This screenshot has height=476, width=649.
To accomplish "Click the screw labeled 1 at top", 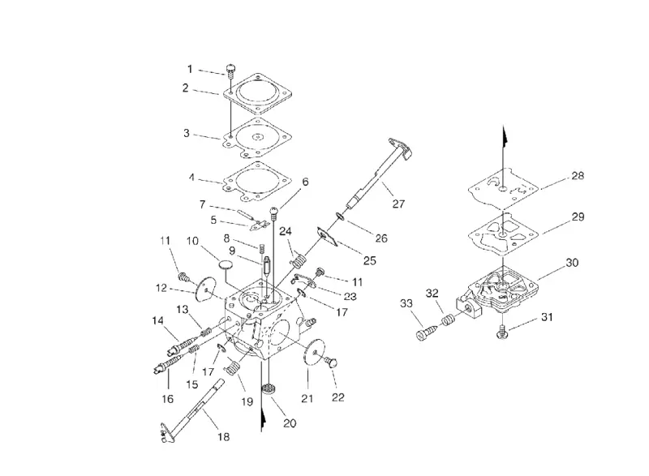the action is coord(231,71).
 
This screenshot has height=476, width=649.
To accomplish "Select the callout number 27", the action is coord(398,204).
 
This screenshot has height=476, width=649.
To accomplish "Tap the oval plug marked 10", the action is coord(226,264).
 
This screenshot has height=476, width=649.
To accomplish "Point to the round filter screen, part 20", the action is coord(269,389).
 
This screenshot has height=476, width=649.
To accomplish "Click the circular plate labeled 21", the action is coord(314,352).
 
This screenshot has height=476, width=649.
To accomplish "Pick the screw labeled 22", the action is coord(331,362).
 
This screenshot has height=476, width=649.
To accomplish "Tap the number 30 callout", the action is coord(572,263).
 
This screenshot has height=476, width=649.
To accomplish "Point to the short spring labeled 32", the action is coord(447,320).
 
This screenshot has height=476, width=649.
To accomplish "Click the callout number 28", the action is coord(578,176).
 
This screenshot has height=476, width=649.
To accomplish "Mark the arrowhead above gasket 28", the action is coord(504,136).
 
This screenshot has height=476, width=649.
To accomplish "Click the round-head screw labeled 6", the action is coord(274,214).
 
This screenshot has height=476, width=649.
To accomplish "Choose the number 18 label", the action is coord(223,437).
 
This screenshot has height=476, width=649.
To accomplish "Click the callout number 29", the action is coord(578,217).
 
